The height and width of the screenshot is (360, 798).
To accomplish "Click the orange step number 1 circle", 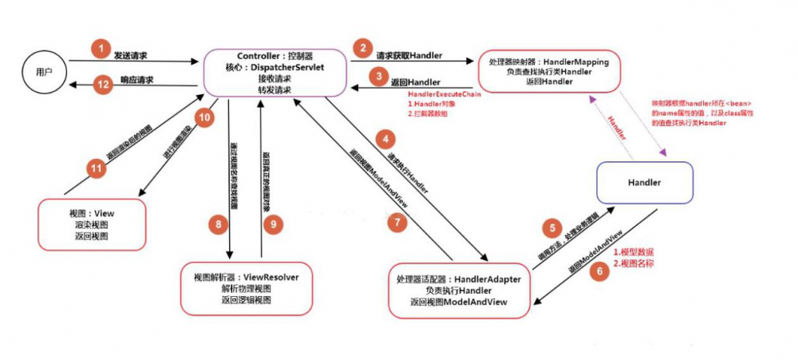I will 100,49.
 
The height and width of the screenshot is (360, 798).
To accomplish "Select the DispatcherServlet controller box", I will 275,73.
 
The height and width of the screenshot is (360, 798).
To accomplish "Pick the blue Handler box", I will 643,182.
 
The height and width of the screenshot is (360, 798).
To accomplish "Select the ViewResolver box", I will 243,288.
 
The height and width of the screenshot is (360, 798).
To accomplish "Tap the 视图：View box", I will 93,225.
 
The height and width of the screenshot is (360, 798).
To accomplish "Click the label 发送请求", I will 131,56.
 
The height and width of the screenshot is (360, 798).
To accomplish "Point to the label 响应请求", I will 136,80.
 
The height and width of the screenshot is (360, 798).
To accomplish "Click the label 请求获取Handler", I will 409,57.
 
